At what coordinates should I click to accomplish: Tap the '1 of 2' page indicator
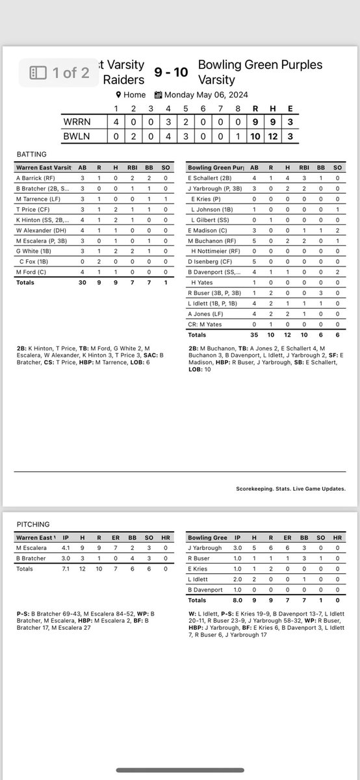(x=60, y=72)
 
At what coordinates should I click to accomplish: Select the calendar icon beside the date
(x=158, y=94)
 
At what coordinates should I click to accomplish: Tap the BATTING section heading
(x=32, y=155)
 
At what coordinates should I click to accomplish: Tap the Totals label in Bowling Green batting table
(x=198, y=335)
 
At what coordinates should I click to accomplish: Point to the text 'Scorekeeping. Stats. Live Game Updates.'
(x=290, y=489)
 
